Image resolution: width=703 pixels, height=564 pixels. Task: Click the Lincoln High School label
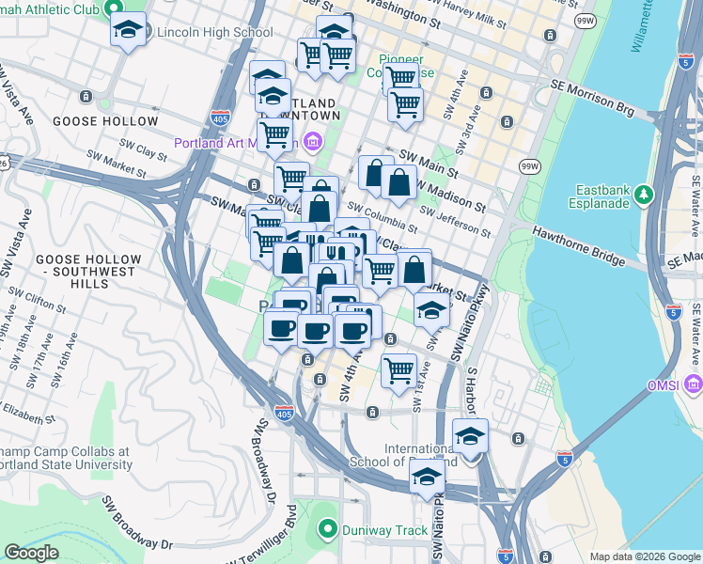click(x=215, y=32)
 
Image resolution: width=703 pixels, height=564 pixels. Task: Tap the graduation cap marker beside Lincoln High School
click(x=129, y=30)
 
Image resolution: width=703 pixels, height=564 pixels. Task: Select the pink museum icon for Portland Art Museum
click(x=313, y=143)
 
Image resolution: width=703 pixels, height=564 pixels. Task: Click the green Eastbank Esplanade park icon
click(x=644, y=195)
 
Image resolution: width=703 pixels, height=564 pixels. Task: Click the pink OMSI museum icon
click(x=694, y=384)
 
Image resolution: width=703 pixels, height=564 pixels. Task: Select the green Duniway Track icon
click(x=326, y=530)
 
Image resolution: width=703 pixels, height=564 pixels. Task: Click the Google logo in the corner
click(x=31, y=553)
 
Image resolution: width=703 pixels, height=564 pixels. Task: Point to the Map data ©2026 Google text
click(x=644, y=556)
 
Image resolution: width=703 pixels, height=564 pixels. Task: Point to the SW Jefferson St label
click(x=455, y=222)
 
